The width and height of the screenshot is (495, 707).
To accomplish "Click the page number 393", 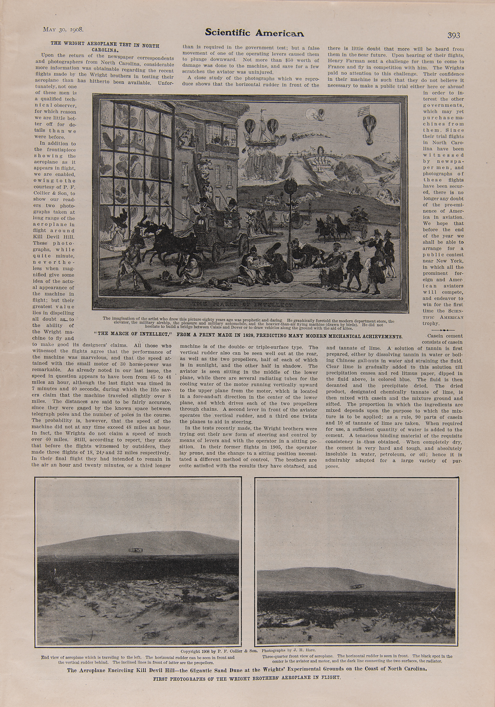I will pos(454,35).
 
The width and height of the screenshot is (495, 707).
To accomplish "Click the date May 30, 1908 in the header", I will pos(63,29).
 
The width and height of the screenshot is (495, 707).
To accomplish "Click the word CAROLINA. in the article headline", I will pos(104,50).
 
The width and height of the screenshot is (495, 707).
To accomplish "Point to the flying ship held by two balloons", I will pos(262,133).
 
